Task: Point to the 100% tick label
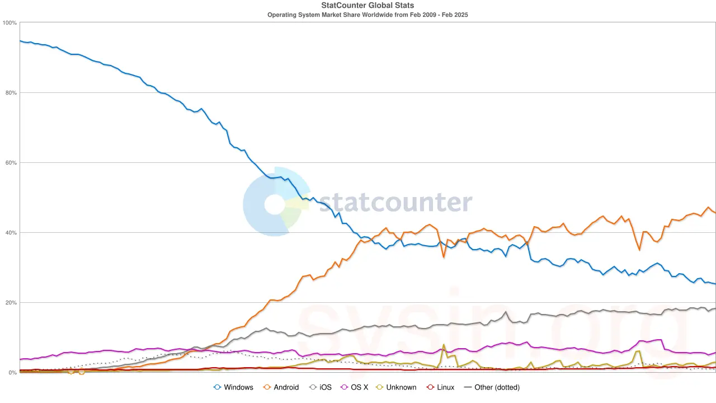click(10, 23)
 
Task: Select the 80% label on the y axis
click(11, 93)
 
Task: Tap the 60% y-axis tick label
click(11, 163)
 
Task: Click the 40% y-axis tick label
click(11, 233)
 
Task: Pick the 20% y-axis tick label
click(11, 303)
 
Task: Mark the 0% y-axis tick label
click(12, 373)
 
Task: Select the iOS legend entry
click(326, 387)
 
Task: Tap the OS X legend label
click(359, 387)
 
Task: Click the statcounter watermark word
click(395, 203)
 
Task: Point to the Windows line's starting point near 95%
click(20, 41)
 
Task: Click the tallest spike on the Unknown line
click(444, 345)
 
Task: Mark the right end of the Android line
click(715, 213)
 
